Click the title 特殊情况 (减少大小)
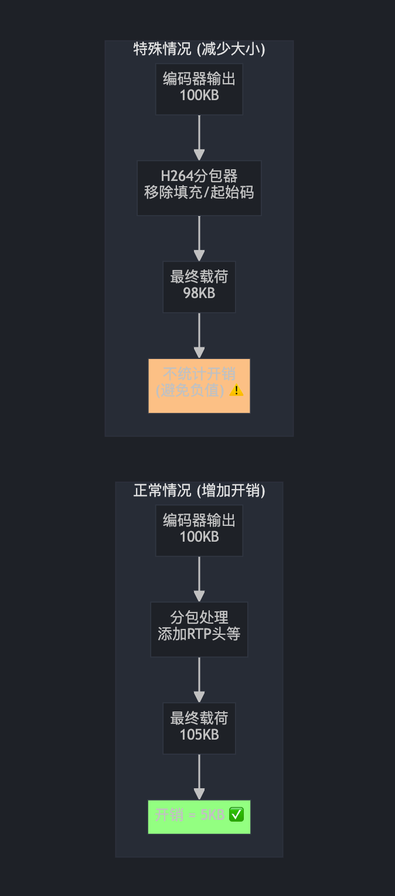199,49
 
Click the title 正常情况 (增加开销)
199,491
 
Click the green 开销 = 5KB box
199,816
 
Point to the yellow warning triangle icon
236,391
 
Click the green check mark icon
236,815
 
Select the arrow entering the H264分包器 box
199,138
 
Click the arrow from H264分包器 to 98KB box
199,239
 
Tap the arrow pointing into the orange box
199,336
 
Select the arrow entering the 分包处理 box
199,580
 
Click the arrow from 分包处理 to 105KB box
199,680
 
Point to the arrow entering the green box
199,778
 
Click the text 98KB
199,293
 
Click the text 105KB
199,735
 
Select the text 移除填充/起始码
199,193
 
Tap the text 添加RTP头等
199,634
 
